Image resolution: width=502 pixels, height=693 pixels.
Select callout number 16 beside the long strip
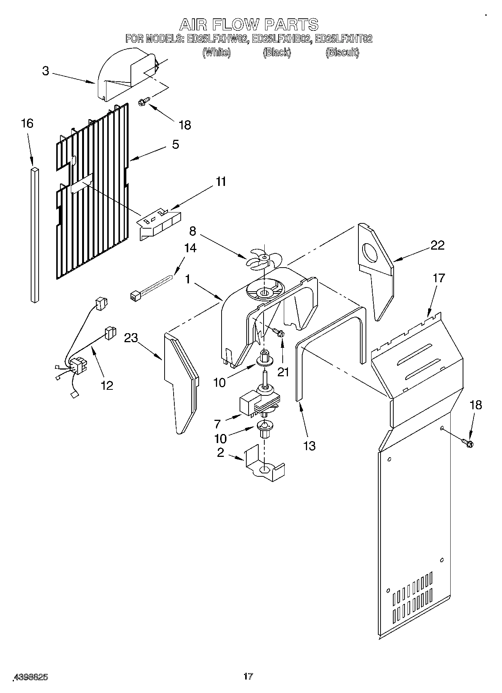click(27, 123)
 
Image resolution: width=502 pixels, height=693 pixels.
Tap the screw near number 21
click(278, 332)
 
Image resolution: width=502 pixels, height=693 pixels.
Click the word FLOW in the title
click(235, 25)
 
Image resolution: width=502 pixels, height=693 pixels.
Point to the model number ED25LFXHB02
click(281, 39)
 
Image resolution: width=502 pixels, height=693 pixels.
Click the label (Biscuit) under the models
click(342, 52)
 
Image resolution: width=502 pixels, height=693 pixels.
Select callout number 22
click(437, 245)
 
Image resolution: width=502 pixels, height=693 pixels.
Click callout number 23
click(131, 338)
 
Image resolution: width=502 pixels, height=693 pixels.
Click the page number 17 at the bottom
click(248, 676)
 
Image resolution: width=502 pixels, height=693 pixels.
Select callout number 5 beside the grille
click(175, 144)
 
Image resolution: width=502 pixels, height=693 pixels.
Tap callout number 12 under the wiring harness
click(107, 385)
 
